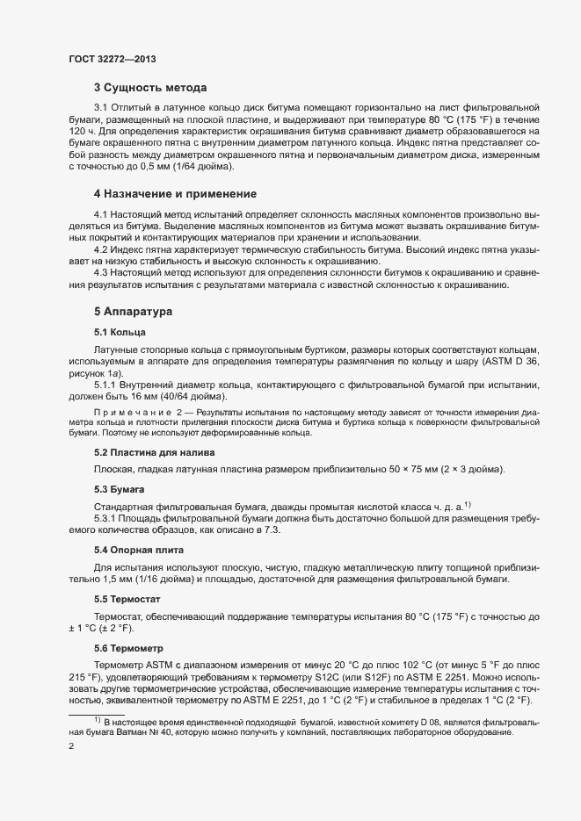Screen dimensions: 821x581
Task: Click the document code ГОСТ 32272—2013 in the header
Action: coord(113,60)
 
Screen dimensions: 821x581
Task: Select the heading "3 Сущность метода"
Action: coord(149,88)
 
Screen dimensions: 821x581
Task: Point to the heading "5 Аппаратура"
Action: coord(134,312)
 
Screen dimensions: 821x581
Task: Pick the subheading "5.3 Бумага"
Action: coord(119,487)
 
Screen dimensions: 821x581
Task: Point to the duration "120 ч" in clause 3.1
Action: coord(82,130)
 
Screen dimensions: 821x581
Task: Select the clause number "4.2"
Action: coord(102,250)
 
